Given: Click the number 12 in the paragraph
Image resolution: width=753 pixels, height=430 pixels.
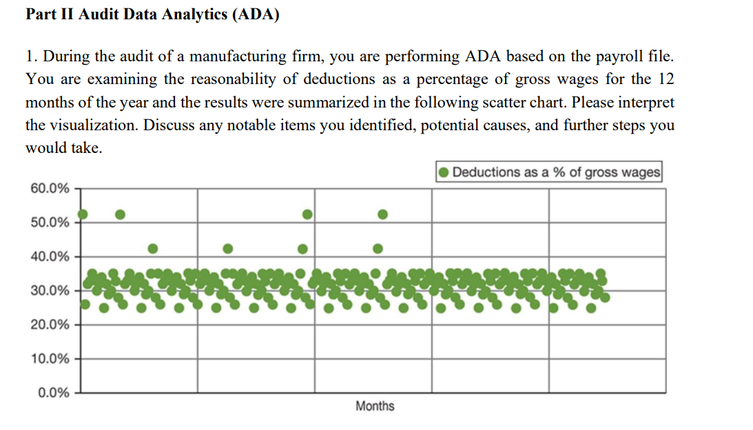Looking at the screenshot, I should (x=666, y=79).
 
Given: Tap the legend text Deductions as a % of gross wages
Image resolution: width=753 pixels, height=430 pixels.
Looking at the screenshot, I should (x=556, y=172).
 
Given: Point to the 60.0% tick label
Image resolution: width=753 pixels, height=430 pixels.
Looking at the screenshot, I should (x=50, y=189).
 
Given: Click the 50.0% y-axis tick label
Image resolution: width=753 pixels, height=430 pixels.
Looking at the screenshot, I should (x=50, y=223).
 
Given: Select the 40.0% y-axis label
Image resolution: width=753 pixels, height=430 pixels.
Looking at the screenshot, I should (x=50, y=257).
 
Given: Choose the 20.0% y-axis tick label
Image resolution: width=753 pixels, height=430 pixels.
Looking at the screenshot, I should (x=50, y=325).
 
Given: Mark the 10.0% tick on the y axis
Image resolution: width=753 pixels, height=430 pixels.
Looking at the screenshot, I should (x=50, y=359).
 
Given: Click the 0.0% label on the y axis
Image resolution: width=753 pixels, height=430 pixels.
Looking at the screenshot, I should (x=53, y=393).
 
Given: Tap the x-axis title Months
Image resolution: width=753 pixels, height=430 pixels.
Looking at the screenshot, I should (x=375, y=406).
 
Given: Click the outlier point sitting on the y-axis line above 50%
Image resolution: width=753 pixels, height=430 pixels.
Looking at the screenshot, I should (x=83, y=214).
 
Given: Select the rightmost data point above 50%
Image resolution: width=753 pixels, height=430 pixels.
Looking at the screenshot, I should (x=383, y=214).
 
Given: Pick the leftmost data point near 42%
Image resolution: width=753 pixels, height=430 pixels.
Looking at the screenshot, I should (x=153, y=248).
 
